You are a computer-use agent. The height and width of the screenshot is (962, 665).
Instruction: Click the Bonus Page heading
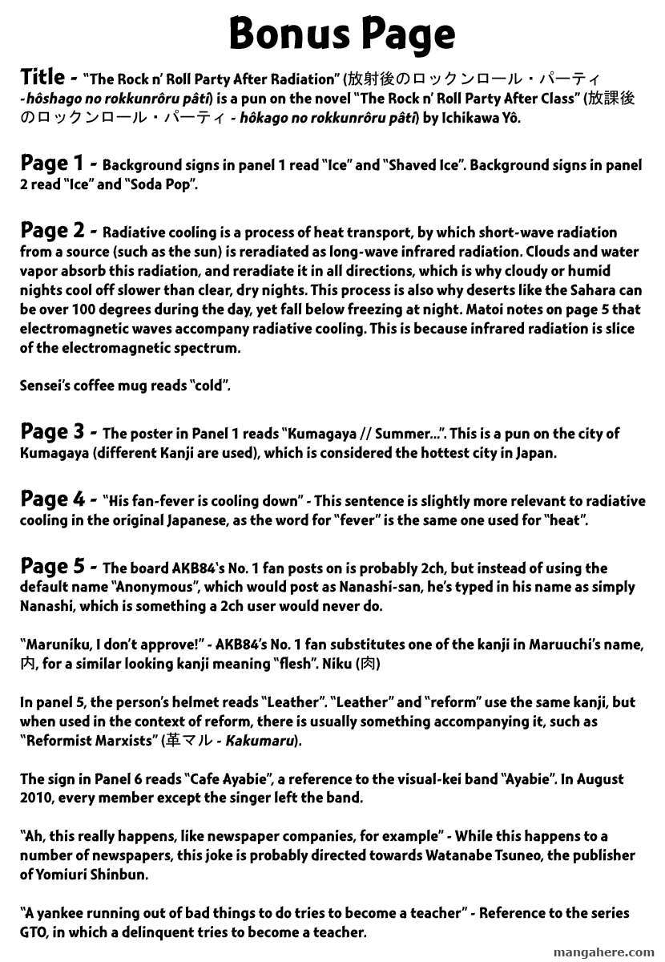point(342,34)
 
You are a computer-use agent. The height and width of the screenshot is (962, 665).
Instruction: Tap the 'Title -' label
point(49,78)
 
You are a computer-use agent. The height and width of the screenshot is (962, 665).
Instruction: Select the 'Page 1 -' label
point(59,164)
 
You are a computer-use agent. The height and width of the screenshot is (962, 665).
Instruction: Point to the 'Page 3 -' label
point(59,431)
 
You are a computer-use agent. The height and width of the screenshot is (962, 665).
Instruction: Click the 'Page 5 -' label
point(59,566)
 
